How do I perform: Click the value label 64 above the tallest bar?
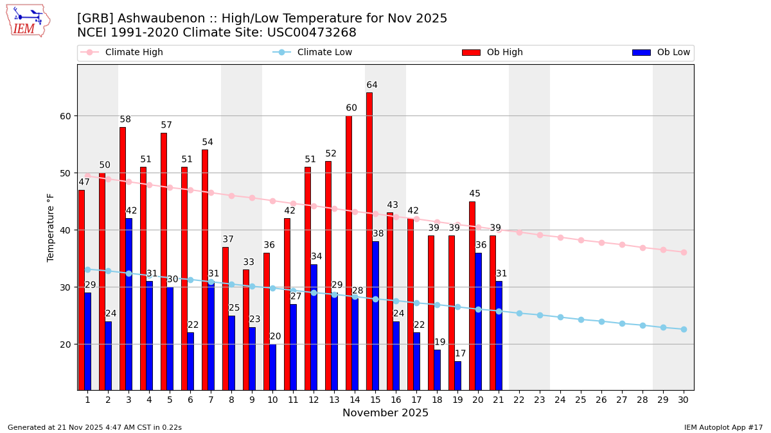[x=372, y=85]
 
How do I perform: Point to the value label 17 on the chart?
[x=460, y=353]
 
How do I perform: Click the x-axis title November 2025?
[x=385, y=413]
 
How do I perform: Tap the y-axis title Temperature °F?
[x=51, y=227]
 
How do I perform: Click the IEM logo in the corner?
[x=28, y=21]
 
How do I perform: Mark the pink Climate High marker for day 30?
[x=684, y=252]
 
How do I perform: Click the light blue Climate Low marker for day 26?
[x=601, y=321]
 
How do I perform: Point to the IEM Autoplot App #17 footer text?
[x=723, y=427]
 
